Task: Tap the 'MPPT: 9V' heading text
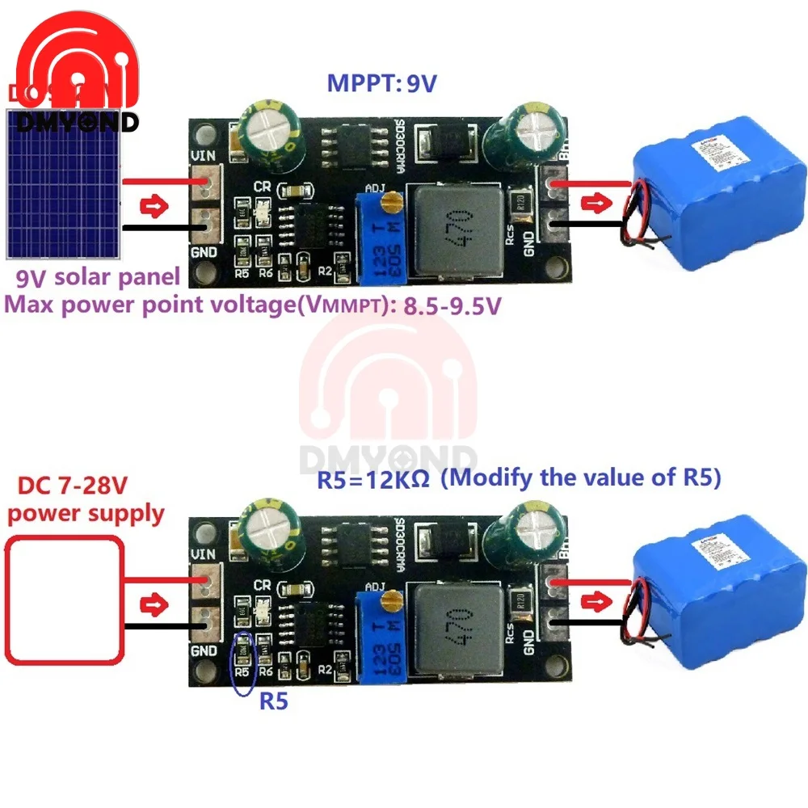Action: tap(381, 83)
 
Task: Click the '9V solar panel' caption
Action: tap(98, 278)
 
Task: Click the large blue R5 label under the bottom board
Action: tap(273, 701)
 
